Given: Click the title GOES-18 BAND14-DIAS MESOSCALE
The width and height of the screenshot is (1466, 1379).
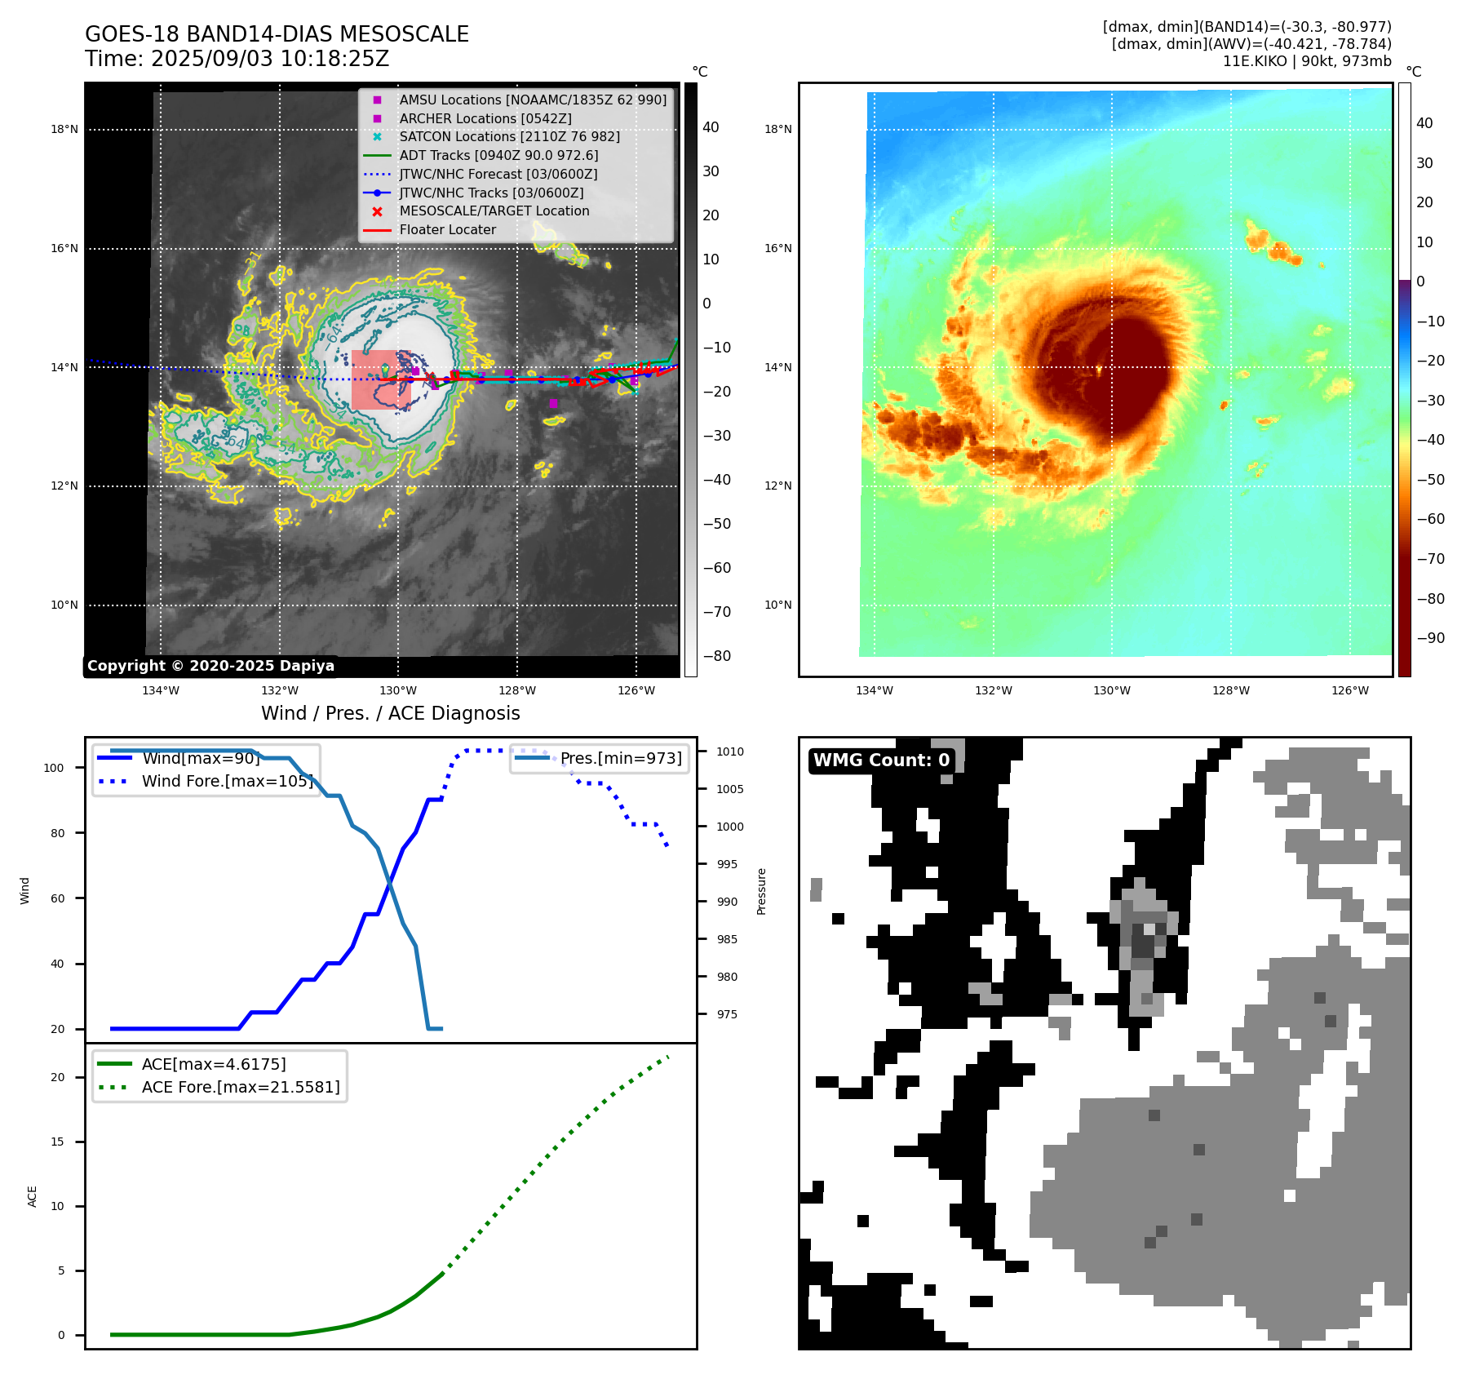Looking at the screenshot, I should (x=277, y=34).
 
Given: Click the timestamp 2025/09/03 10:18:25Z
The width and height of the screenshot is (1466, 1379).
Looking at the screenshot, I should (x=270, y=60).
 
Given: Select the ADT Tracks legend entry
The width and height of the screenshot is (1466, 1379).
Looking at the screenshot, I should (x=498, y=155).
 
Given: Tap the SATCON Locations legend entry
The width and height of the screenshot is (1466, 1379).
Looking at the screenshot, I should (x=509, y=136).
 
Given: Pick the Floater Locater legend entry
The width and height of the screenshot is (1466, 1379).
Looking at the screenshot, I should (x=447, y=229).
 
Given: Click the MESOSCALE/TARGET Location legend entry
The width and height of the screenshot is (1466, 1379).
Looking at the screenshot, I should (x=494, y=211).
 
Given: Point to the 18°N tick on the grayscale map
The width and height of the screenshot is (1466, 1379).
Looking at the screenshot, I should (x=64, y=129).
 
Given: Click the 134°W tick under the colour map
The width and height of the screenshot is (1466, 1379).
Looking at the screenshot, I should (x=874, y=690).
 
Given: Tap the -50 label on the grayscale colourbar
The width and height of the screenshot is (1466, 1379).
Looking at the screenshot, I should (x=717, y=524).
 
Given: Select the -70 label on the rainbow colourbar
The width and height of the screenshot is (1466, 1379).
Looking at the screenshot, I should (x=1430, y=559).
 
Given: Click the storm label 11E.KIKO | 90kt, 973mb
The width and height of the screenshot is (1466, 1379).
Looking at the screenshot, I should (x=1307, y=61).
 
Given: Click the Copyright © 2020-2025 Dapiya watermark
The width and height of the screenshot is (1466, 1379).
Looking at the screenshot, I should (x=210, y=666).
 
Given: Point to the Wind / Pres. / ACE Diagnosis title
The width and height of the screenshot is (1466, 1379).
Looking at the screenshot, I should (x=390, y=713).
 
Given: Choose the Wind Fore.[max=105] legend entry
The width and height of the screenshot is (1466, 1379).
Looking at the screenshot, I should (x=227, y=781).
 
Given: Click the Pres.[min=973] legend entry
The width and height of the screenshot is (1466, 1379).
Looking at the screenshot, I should (x=620, y=758).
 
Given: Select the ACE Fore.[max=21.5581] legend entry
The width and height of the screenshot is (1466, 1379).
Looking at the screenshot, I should (x=241, y=1087).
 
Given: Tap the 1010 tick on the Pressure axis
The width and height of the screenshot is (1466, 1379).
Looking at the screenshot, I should (x=730, y=752).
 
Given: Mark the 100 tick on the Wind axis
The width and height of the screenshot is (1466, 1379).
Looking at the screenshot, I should (x=54, y=768).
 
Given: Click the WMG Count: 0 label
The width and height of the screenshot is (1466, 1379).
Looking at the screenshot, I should (x=881, y=760).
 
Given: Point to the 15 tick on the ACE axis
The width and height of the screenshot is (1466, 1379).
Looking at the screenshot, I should (x=57, y=1142).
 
